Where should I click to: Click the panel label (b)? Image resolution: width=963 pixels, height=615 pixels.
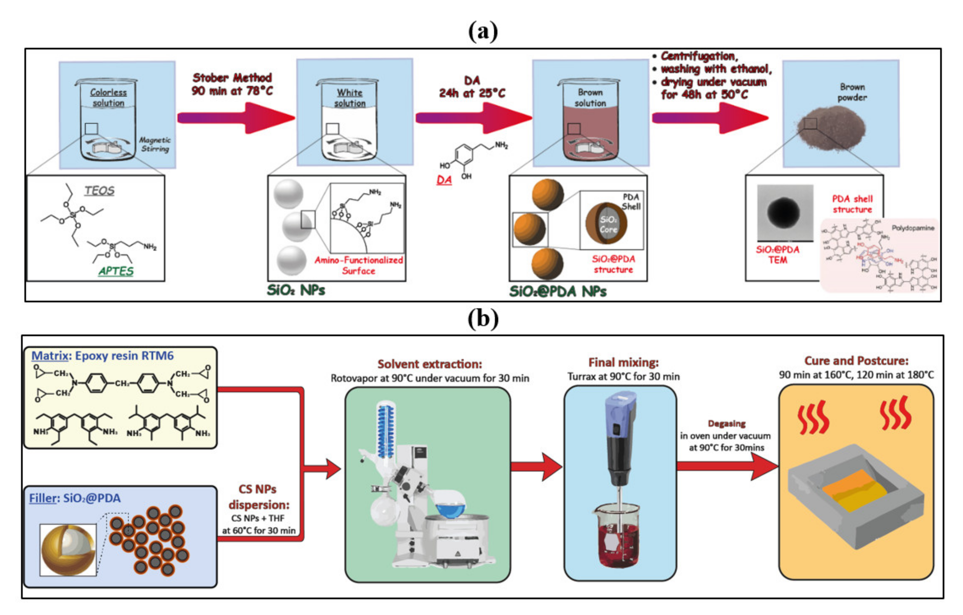(483, 319)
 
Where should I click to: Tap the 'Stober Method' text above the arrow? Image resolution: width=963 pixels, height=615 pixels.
(232, 78)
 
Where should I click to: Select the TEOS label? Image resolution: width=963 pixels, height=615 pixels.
(99, 191)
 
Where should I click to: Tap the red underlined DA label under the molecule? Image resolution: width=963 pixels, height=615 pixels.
(444, 180)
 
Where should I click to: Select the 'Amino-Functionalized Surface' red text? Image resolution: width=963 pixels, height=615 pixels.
(358, 265)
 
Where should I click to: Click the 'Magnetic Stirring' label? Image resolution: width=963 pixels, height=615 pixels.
(155, 144)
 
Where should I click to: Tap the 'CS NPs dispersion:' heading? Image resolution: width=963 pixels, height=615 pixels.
(258, 497)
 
